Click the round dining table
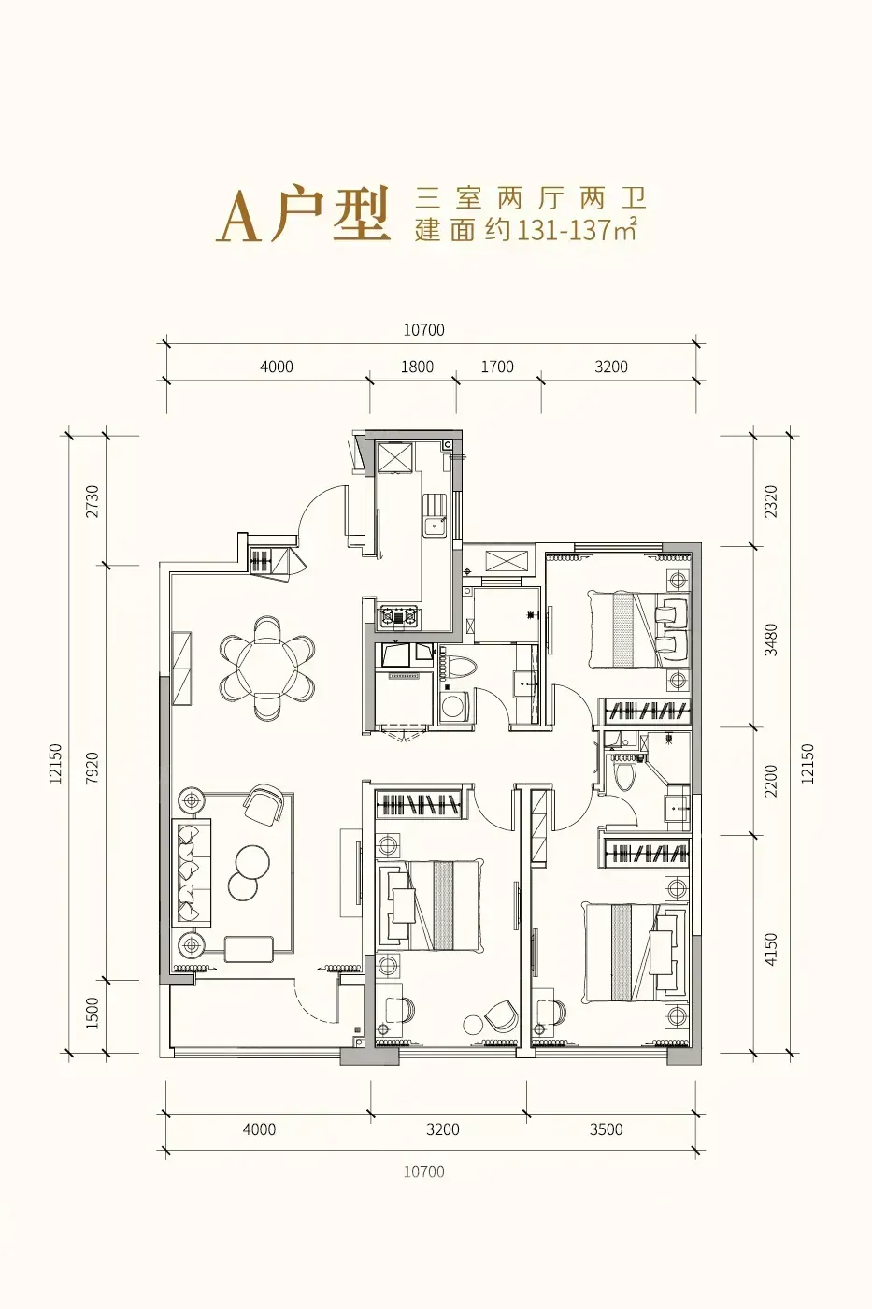click(x=267, y=668)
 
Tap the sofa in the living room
click(x=191, y=872)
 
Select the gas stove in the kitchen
click(x=399, y=616)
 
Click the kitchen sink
click(x=435, y=516)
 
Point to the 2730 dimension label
click(x=93, y=501)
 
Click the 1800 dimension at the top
click(x=417, y=367)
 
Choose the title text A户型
click(x=303, y=214)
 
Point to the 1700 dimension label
click(x=497, y=367)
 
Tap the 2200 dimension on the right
click(x=771, y=781)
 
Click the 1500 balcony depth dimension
click(x=93, y=1013)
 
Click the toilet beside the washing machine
click(x=459, y=668)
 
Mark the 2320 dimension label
click(x=771, y=501)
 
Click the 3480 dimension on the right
click(x=771, y=640)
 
